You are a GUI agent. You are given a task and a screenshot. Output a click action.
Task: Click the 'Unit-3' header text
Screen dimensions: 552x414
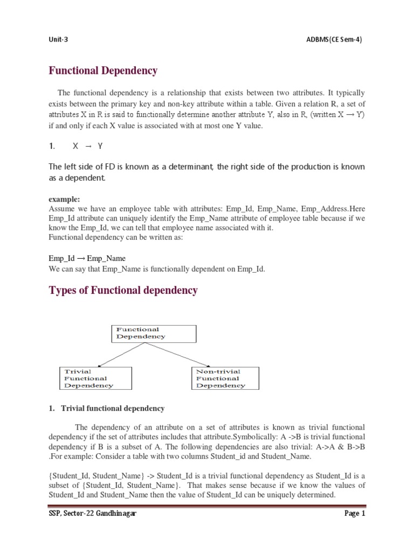click(x=58, y=39)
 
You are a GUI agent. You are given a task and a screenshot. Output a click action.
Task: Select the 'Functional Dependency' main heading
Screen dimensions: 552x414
click(x=103, y=71)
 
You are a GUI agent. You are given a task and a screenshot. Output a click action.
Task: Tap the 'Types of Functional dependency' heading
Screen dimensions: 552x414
click(x=123, y=291)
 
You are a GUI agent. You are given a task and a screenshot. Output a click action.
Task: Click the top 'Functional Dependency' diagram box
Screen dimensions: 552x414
click(x=153, y=333)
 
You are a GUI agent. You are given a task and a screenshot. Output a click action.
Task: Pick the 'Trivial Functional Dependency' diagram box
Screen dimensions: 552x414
click(x=95, y=378)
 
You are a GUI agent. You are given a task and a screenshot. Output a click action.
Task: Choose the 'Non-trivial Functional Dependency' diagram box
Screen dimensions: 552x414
click(x=225, y=378)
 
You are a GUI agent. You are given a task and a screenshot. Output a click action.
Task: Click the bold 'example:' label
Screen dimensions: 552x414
click(x=64, y=199)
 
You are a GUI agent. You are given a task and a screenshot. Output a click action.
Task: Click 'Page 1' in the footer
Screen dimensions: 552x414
click(x=355, y=514)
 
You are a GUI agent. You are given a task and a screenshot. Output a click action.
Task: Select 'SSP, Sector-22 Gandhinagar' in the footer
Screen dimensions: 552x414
click(x=92, y=514)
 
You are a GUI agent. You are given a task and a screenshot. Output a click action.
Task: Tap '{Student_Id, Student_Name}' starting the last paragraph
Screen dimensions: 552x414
click(x=96, y=475)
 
